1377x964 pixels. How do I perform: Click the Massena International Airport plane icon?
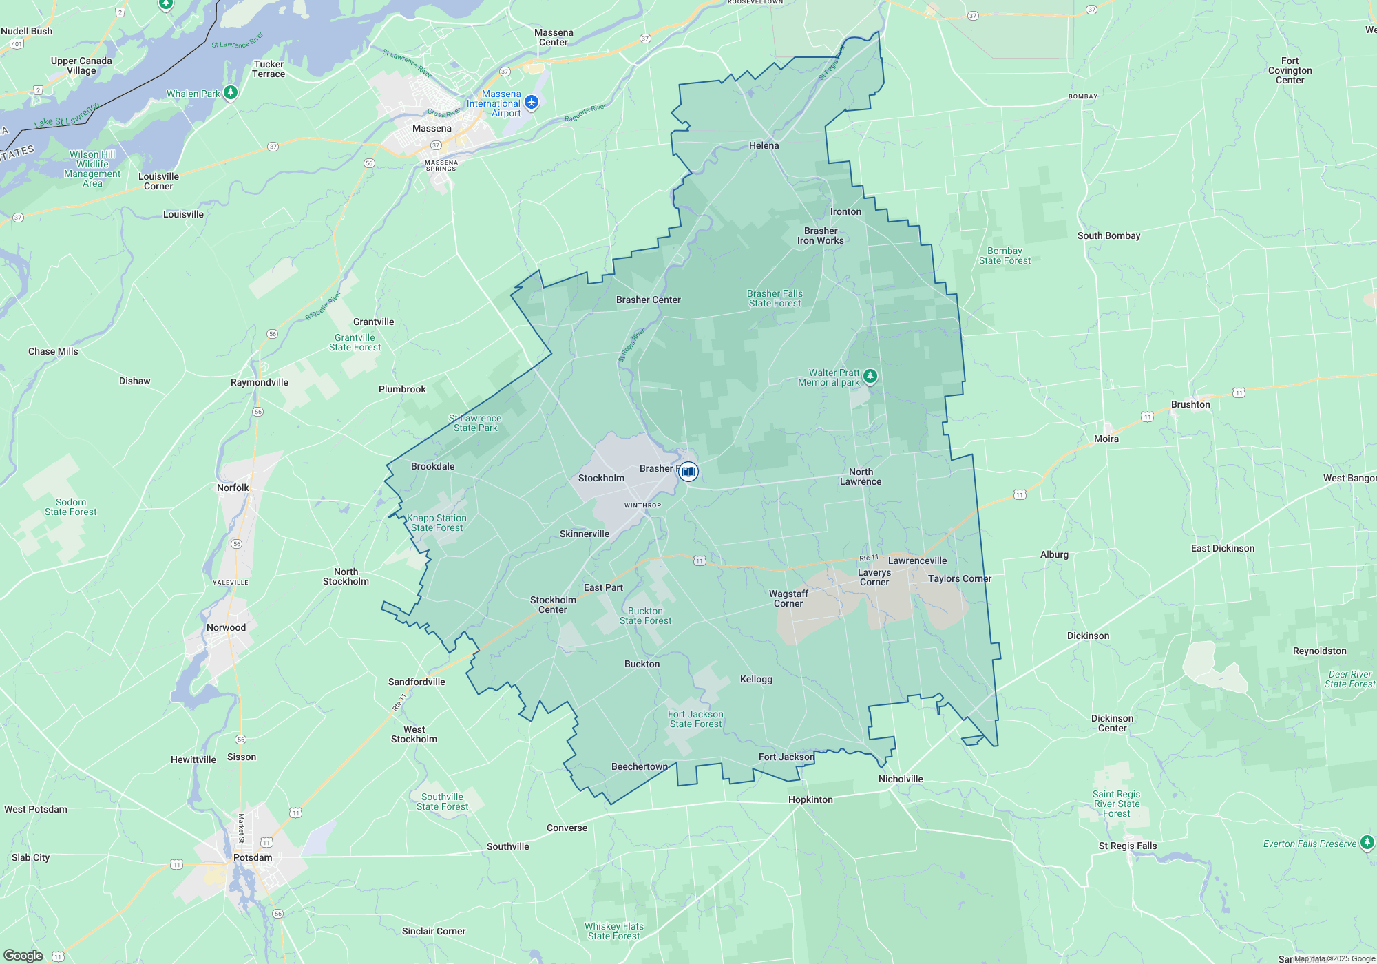531,103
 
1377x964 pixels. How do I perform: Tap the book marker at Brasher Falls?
688,472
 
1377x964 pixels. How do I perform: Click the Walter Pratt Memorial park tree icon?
870,376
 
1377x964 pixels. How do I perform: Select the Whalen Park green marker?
231,92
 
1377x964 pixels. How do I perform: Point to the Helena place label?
764,145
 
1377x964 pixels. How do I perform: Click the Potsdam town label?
253,857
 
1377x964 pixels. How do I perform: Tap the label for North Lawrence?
860,476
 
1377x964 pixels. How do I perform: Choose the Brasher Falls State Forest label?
775,298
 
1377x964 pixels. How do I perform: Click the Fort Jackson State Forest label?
695,719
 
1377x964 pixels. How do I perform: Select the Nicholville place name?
900,779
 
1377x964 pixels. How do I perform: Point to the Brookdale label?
432,466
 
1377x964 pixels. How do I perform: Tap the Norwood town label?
226,627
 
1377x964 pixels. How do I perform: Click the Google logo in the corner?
23,955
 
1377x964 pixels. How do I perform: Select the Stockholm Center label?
553,605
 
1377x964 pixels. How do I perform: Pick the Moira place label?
1106,439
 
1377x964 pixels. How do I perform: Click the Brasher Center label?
648,300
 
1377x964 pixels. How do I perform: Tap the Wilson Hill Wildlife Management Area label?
92,169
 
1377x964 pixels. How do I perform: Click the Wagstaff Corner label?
788,598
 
